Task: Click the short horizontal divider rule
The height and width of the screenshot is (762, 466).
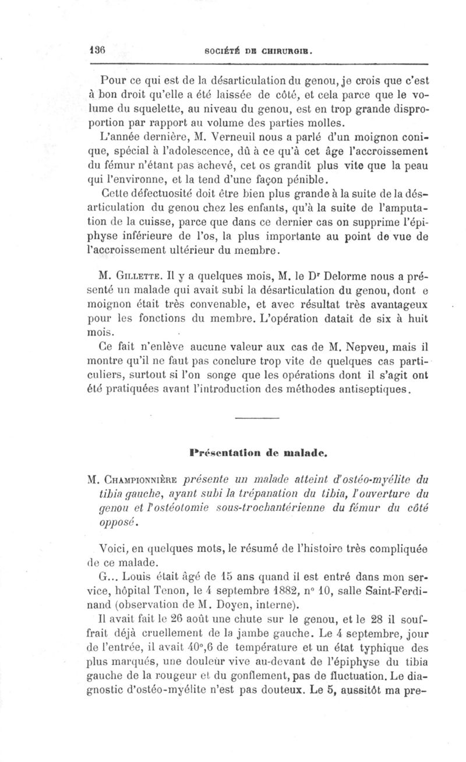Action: tap(257, 417)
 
